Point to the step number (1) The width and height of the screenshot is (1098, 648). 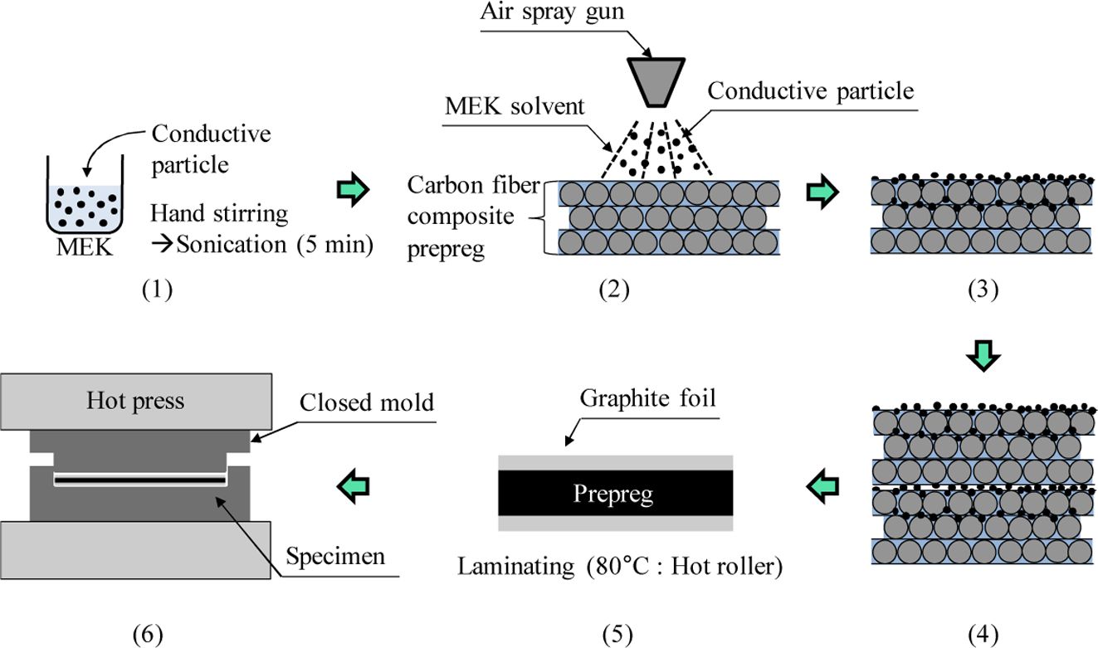(x=157, y=291)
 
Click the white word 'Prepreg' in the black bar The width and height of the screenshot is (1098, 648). (x=614, y=495)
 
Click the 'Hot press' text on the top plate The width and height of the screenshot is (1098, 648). (x=135, y=402)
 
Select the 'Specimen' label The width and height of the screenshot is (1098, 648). (x=336, y=555)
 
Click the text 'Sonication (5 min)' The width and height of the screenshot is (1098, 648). (x=271, y=245)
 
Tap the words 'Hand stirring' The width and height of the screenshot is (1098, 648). (x=219, y=213)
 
